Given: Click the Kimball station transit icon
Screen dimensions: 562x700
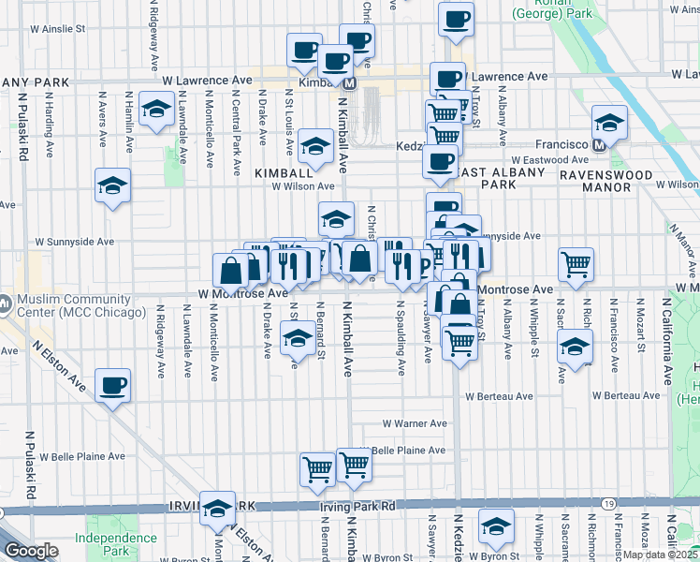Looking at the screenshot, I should click(349, 83).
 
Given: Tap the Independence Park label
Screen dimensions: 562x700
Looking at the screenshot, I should click(116, 544).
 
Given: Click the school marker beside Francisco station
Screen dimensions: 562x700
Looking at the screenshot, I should click(609, 122).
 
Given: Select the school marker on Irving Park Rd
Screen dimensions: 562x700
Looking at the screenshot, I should click(218, 508).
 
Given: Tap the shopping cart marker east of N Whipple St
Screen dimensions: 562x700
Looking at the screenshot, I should click(576, 264).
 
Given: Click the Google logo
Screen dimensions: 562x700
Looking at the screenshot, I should click(31, 551).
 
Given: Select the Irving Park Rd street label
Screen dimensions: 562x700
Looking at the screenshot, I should click(357, 506).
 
